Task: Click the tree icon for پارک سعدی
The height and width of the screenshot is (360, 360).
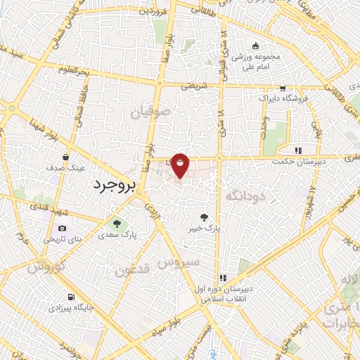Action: [x=117, y=224]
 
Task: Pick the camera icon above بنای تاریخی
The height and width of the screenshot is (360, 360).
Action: [x=63, y=229]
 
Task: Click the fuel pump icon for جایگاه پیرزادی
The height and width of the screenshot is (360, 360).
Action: [x=71, y=297]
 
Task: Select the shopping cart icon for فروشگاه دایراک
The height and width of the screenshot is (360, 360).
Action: [x=282, y=89]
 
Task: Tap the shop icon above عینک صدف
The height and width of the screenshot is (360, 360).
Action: [x=65, y=157]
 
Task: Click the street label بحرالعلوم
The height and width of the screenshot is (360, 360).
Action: [x=92, y=72]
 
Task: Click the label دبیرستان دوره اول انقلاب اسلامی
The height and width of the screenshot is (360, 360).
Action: [x=223, y=294]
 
